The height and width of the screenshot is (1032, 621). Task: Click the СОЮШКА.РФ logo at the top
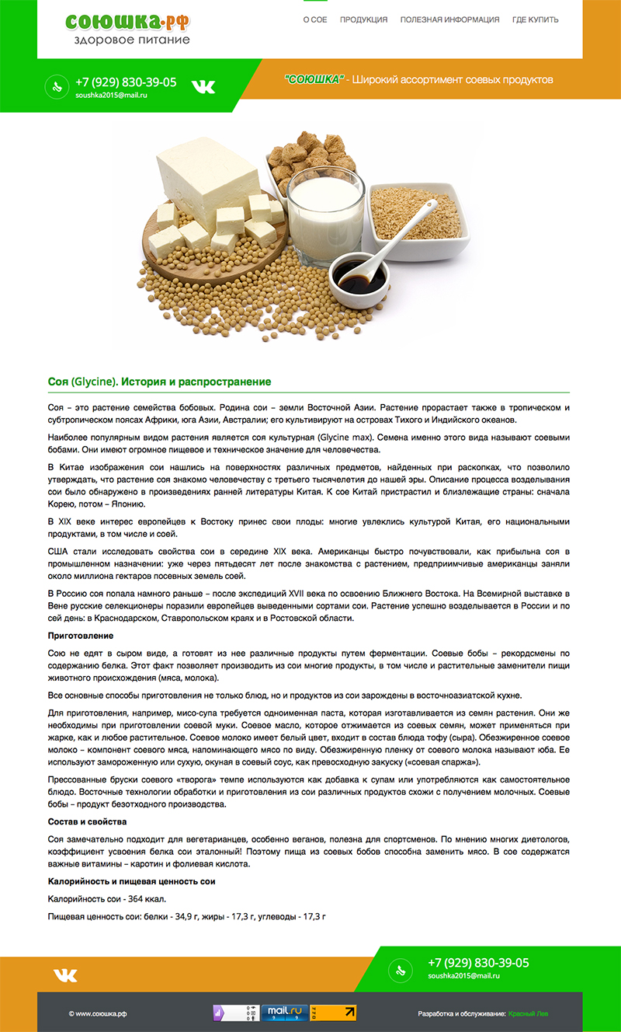pos(128,28)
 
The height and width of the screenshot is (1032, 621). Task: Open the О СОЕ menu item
pos(314,19)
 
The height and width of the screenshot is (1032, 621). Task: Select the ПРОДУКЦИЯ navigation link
pos(363,19)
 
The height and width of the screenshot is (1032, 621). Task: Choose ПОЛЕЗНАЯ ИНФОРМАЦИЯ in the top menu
pos(449,19)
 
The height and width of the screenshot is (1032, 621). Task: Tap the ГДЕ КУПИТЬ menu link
pos(535,19)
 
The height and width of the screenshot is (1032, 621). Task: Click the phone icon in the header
pos(56,86)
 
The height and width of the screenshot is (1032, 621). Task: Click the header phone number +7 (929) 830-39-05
pos(126,82)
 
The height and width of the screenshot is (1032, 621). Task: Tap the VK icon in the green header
pos(203,86)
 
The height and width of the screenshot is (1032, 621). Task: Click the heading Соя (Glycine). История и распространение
pos(159,382)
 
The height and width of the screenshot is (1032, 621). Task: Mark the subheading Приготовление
pos(81,636)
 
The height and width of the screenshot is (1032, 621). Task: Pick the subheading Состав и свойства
pos(87,821)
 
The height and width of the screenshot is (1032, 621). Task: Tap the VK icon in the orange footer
pos(65,976)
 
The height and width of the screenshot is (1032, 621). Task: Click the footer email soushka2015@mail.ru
pos(463,976)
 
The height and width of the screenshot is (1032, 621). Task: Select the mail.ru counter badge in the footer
pos(285,1013)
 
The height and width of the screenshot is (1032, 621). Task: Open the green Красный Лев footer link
pos(526,1013)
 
